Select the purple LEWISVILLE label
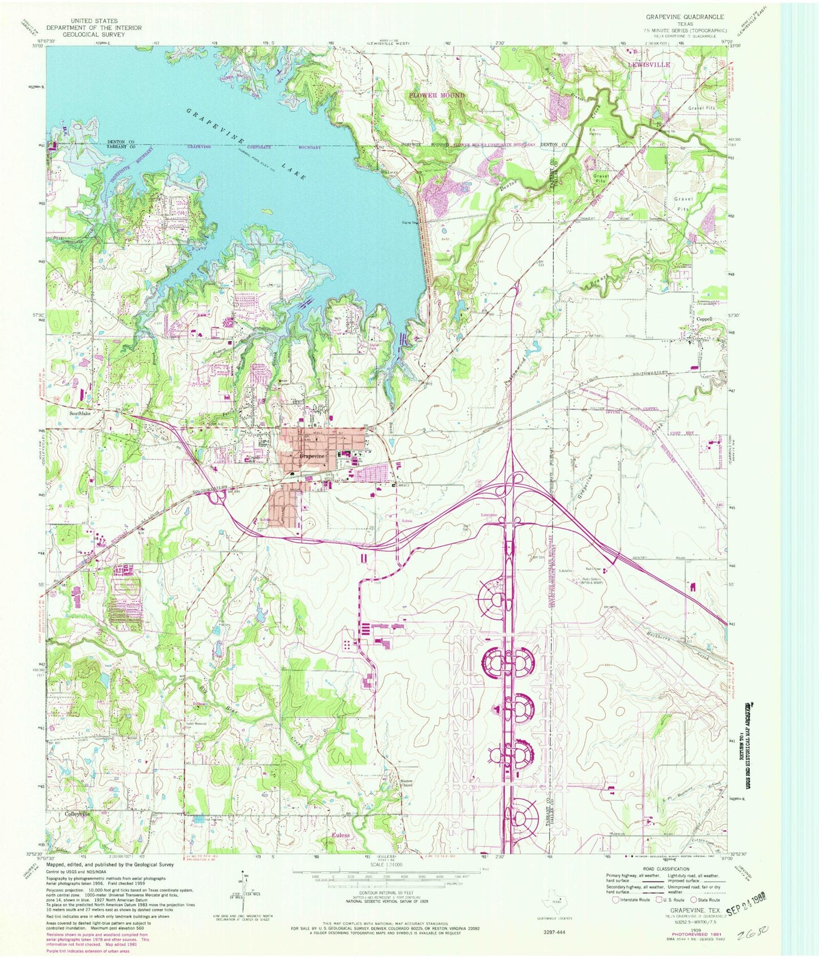tap(648, 65)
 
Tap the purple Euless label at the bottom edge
tap(341, 835)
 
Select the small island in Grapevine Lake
tap(266, 211)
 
